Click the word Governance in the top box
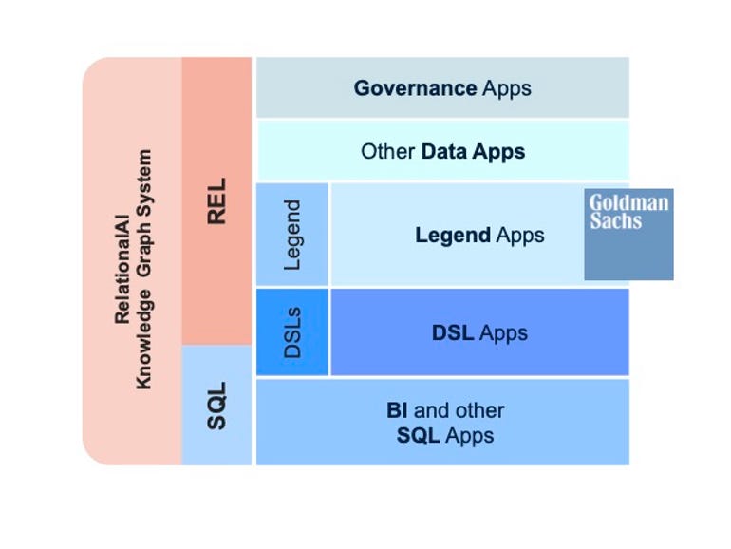[x=415, y=88]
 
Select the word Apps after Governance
[x=506, y=88]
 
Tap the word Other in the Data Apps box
[x=387, y=151]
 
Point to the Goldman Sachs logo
[x=628, y=234]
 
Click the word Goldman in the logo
[x=628, y=203]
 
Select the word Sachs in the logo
[x=616, y=221]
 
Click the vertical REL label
[x=216, y=200]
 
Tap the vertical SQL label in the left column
[x=216, y=406]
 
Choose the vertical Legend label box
[x=292, y=235]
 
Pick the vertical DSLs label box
[x=292, y=332]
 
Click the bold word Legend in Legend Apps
[x=453, y=235]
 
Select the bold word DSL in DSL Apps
[x=453, y=333]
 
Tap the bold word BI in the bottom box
[x=397, y=411]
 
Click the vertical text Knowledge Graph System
[x=144, y=269]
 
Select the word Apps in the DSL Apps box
[x=503, y=333]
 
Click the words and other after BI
[x=459, y=411]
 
